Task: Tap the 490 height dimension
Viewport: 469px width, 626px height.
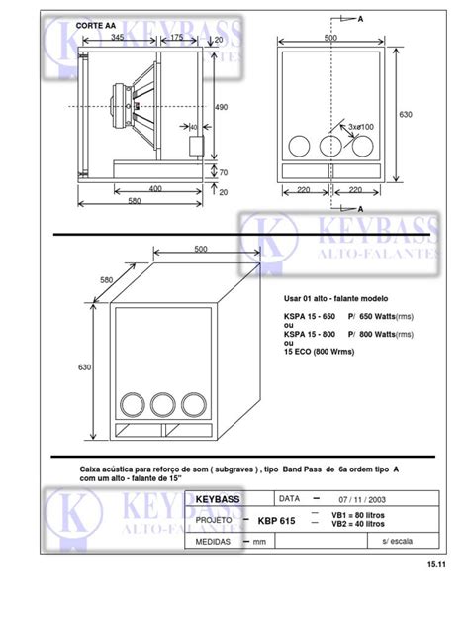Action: tap(222, 107)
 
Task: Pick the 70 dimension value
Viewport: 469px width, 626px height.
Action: tap(222, 172)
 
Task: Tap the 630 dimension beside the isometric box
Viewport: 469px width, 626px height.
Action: tap(86, 367)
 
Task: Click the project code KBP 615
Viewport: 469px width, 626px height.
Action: tap(276, 520)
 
